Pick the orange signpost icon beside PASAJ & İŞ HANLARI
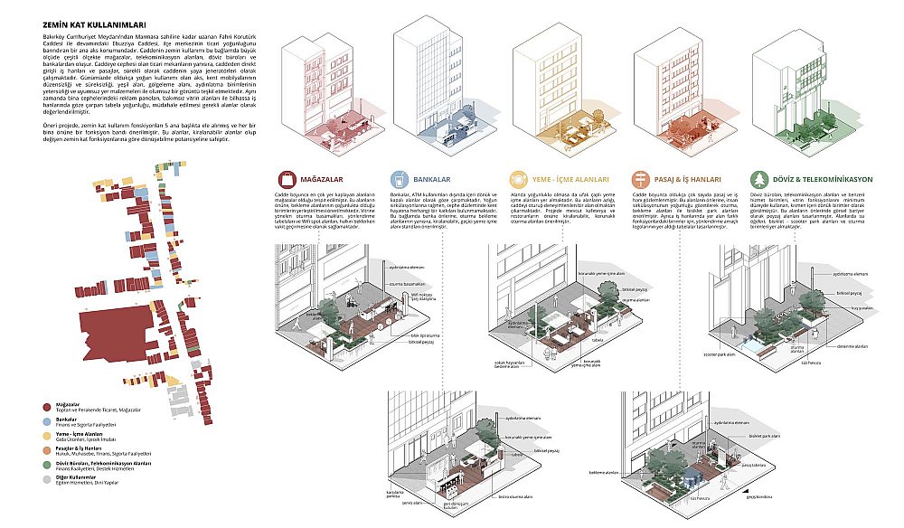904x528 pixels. (640, 179)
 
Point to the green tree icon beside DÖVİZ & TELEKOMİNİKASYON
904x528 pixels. (758, 179)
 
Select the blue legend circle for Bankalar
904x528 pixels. (47, 420)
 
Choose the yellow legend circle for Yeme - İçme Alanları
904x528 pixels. (47, 434)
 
